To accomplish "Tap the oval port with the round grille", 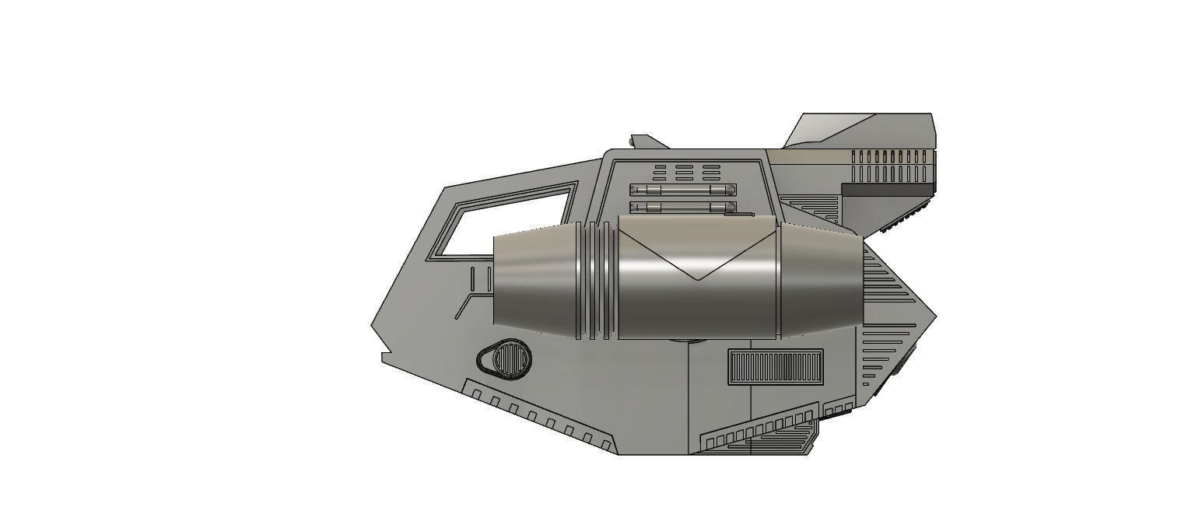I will click(x=507, y=360).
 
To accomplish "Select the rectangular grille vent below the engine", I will click(x=776, y=366).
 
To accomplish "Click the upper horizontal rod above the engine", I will click(x=683, y=190).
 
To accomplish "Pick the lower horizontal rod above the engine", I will click(x=683, y=208).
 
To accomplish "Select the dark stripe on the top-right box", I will click(x=887, y=190).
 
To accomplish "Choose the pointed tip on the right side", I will click(x=934, y=316).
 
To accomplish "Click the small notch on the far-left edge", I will click(x=384, y=357).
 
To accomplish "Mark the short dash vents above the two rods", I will click(x=685, y=171).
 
